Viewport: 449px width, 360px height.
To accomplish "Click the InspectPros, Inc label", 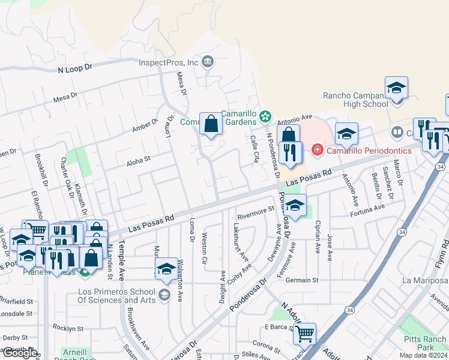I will point(168,62).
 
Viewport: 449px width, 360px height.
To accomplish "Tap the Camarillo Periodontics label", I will point(369,150).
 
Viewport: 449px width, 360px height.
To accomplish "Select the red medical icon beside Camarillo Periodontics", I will point(317,150).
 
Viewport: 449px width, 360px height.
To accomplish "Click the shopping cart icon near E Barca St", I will point(304,333).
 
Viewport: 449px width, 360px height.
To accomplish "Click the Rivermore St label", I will point(255,211).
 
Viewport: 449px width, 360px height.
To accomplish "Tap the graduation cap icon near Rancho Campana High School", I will point(396,88).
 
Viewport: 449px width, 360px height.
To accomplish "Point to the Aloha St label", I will point(137,161).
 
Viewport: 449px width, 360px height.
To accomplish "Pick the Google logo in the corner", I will point(20,353).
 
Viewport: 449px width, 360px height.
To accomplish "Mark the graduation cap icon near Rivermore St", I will point(295,205).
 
